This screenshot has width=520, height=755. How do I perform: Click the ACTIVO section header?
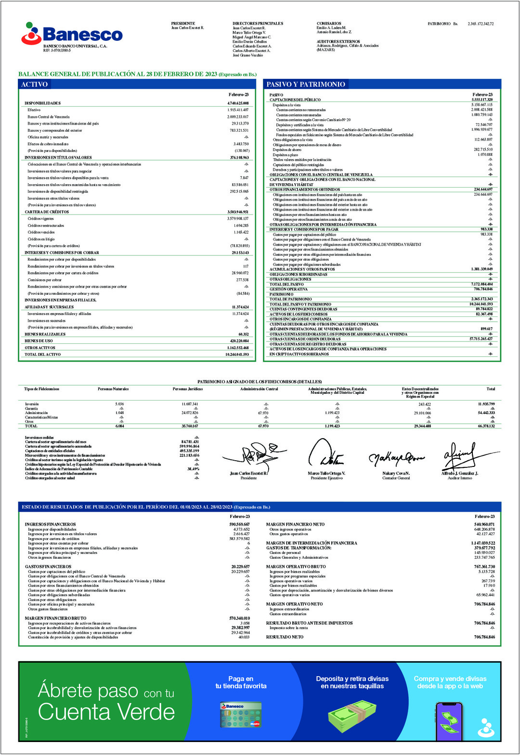click(x=34, y=84)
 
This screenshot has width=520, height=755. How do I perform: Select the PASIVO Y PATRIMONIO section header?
click(x=306, y=84)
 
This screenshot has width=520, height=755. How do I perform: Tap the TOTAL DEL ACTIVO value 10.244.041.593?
click(x=237, y=354)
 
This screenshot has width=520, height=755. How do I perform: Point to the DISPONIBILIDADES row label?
click(x=43, y=103)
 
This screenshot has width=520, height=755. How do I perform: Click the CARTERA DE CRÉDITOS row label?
click(x=47, y=212)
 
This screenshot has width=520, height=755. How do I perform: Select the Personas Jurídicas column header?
click(x=188, y=389)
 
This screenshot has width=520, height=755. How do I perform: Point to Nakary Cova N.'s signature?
click(x=396, y=459)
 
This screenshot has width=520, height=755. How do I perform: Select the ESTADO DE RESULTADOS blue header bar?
click(x=260, y=507)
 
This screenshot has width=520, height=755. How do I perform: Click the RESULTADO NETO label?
click(x=285, y=637)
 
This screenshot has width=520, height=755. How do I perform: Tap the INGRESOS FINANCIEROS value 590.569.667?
click(x=239, y=525)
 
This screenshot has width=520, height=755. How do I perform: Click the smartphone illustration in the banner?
click(x=449, y=721)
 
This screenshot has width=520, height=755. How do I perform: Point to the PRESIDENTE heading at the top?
click(x=183, y=24)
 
